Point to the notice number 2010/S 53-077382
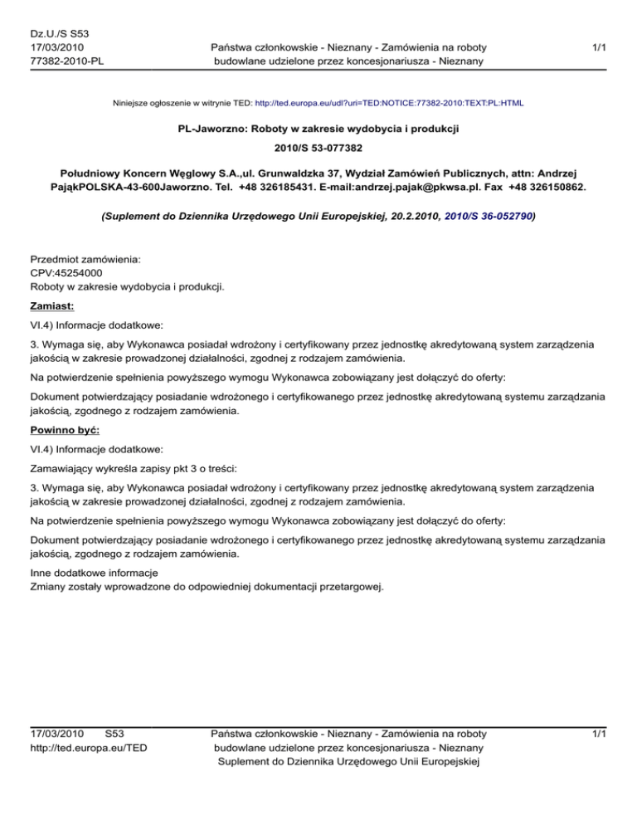(318, 151)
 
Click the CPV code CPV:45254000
(68, 273)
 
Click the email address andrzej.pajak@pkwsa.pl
(396, 188)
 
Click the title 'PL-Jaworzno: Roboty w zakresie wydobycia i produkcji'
(318, 130)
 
